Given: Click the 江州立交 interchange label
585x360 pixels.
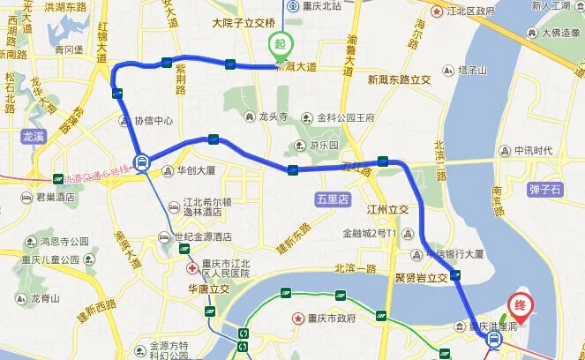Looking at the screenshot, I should (387, 210).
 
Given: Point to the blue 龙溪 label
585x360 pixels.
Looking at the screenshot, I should (33, 137).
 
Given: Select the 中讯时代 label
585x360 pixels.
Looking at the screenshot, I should (534, 149).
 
